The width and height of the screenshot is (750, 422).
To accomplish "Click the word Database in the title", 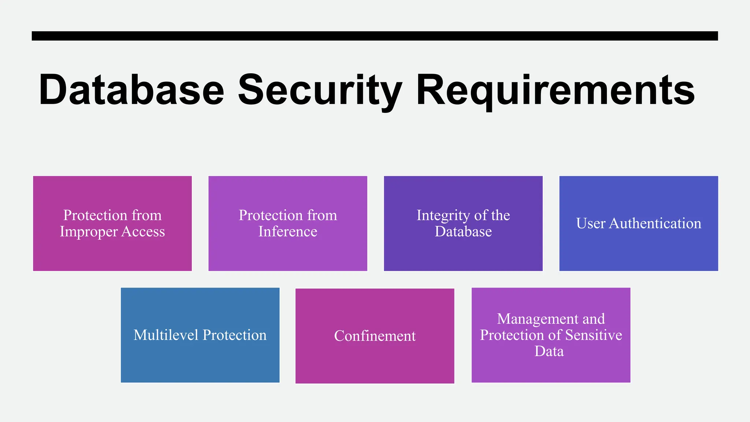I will tap(131, 90).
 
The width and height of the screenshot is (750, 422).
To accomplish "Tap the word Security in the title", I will tap(320, 90).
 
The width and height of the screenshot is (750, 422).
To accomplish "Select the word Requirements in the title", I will tap(555, 90).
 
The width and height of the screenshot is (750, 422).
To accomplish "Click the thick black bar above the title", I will tap(375, 36).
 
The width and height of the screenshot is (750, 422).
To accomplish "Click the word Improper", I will tap(89, 232).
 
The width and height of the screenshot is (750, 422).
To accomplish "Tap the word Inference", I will tap(288, 232).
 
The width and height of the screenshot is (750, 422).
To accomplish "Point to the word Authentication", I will tap(655, 223).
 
